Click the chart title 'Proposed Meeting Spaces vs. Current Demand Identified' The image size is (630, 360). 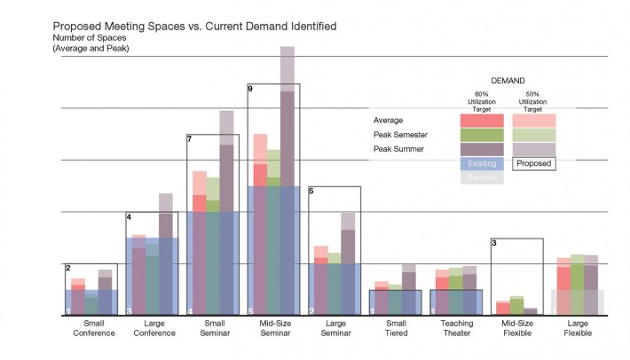194,27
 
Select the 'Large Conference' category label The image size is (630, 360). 153,330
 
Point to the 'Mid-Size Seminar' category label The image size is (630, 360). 274,330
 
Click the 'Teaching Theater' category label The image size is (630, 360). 456,330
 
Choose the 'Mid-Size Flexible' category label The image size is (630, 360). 517,330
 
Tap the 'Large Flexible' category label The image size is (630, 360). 578,330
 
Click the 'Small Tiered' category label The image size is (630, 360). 396,330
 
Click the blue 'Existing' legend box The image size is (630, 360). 482,163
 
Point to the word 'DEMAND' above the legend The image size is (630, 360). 508,80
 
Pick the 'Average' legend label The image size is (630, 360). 389,120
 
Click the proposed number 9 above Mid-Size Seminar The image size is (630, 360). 251,90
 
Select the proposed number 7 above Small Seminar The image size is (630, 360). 190,139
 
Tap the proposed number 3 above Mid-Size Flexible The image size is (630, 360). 494,243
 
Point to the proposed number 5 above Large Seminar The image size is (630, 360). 311,191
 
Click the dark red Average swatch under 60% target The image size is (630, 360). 482,120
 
